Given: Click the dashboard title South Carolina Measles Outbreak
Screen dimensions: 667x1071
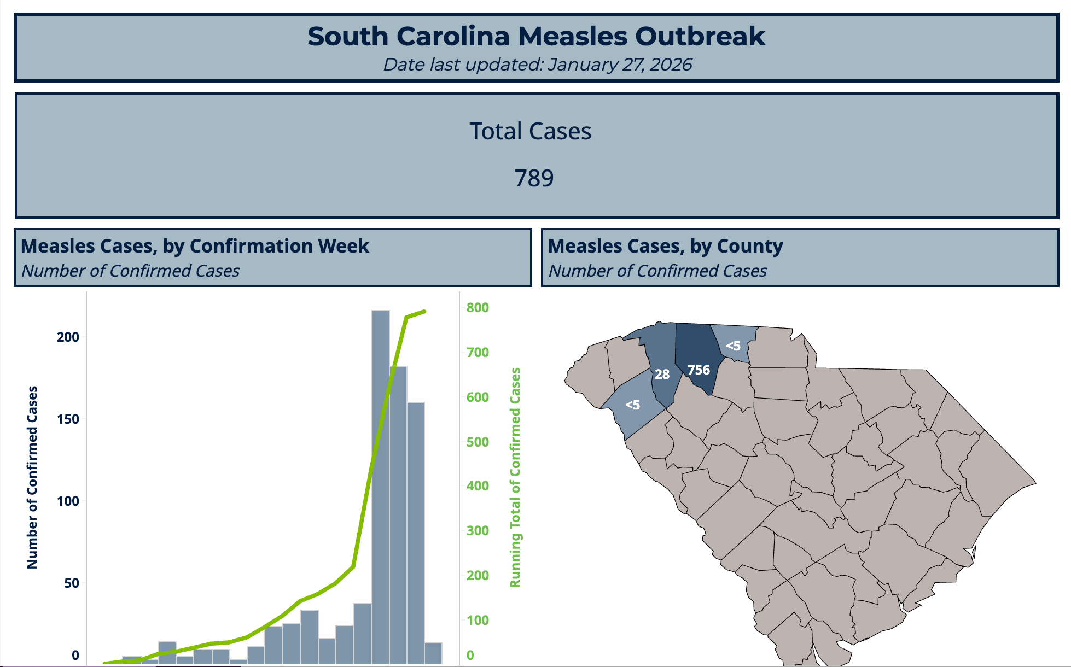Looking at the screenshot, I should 536,37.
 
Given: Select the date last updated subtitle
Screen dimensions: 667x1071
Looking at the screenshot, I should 537,65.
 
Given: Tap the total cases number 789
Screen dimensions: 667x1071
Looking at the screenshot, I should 534,178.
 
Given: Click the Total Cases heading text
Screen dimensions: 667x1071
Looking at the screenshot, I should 530,131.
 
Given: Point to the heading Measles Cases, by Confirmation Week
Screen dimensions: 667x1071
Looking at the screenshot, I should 195,246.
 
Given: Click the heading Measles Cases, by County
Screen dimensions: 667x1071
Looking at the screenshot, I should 665,246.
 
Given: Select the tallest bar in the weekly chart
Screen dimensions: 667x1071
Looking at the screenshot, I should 381,487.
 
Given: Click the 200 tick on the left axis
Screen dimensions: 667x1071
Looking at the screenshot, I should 68,337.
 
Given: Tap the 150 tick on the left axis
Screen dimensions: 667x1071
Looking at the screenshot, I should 68,419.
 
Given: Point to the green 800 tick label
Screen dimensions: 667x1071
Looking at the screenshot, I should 478,307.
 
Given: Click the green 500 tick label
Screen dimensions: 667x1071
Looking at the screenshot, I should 478,442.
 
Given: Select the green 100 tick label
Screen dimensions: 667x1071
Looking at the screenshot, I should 478,620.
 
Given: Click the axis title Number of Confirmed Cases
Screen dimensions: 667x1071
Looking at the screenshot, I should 32,477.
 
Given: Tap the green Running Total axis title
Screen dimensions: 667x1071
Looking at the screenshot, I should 515,477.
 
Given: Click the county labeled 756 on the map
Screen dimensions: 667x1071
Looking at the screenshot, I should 699,370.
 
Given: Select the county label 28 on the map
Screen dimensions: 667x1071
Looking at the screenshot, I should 662,375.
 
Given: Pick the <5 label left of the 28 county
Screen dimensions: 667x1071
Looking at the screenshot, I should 632,405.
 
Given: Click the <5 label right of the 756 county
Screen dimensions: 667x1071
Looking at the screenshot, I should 733,346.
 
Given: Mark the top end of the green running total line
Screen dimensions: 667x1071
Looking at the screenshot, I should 424,312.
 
